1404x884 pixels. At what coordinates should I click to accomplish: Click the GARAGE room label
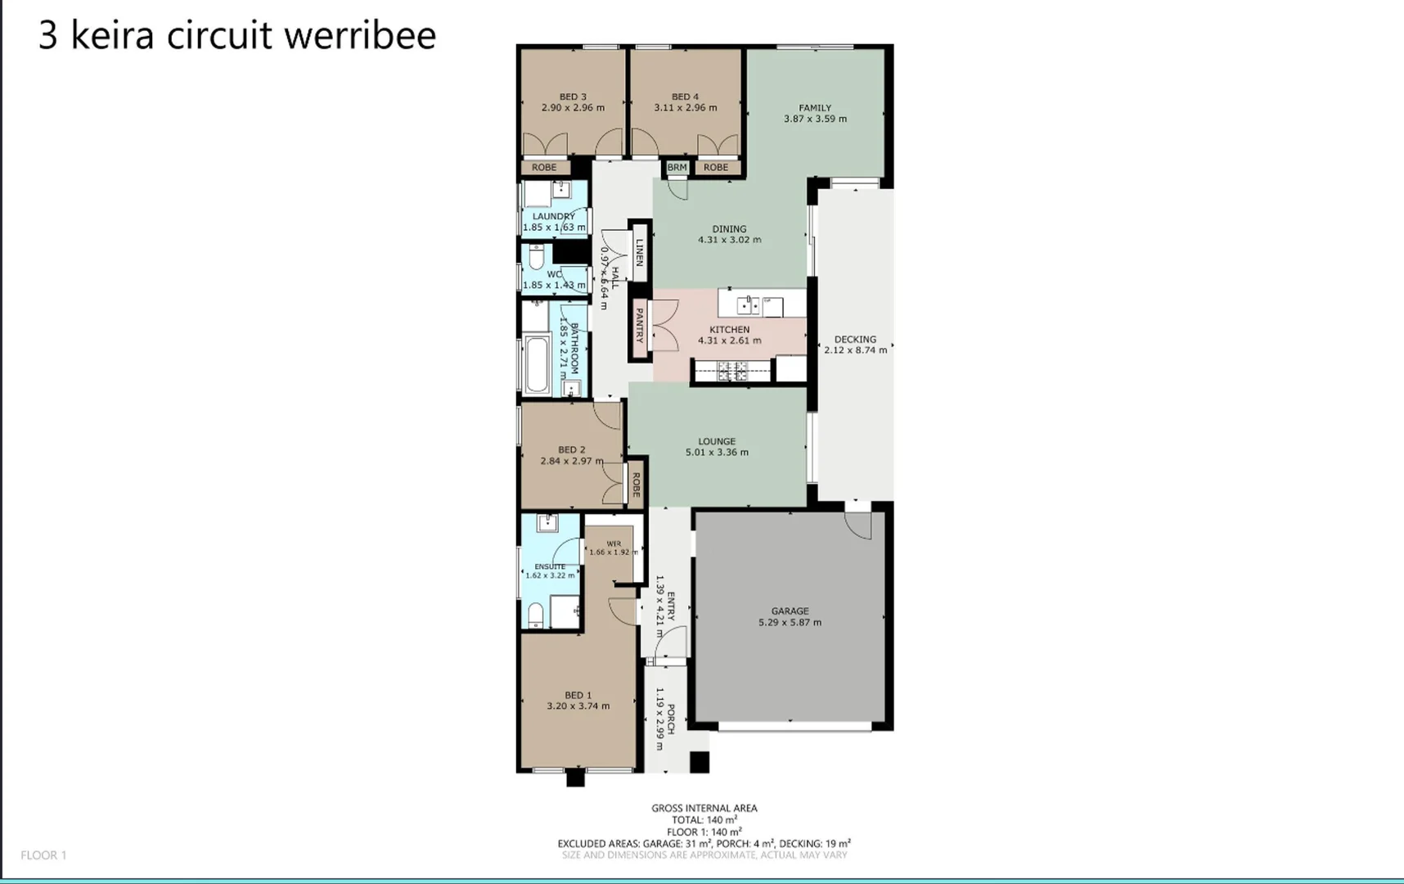point(790,611)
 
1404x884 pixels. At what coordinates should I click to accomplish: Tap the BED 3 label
point(573,97)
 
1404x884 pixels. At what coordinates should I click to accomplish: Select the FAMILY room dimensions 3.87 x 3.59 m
point(815,119)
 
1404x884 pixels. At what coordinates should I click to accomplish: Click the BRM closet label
point(677,167)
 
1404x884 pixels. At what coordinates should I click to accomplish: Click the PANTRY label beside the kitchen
point(640,325)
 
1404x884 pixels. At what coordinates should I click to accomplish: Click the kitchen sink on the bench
point(748,305)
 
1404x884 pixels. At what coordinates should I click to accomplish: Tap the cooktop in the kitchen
point(732,372)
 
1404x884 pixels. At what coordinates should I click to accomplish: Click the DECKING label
point(855,339)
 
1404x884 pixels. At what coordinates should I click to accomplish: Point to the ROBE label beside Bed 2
point(636,484)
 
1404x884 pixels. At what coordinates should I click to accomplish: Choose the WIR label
point(614,543)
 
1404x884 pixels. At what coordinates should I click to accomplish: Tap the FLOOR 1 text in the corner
point(43,855)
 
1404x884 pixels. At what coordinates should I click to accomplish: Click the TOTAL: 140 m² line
point(704,819)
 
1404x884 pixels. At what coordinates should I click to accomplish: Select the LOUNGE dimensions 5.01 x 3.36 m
point(717,452)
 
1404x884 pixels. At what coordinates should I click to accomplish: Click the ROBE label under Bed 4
point(715,167)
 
